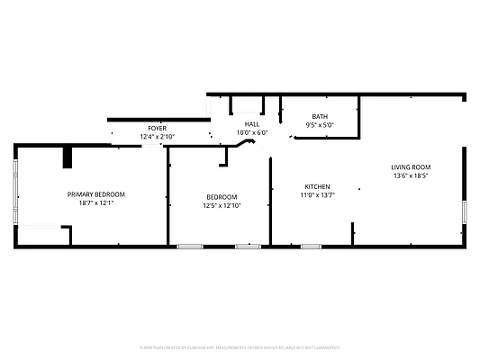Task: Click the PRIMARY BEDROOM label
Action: (96, 194)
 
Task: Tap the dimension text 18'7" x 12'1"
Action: (96, 203)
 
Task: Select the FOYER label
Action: (157, 129)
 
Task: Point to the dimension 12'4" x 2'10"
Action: (157, 137)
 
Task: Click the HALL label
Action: (252, 124)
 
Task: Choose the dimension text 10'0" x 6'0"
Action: (252, 132)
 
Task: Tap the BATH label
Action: (320, 117)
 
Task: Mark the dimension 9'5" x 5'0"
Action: (320, 125)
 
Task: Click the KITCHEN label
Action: (317, 186)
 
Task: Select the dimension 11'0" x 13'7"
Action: (317, 194)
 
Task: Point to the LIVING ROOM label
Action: (411, 167)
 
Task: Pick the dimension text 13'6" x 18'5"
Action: (411, 176)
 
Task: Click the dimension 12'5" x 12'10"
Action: (222, 205)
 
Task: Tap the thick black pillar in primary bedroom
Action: (68, 157)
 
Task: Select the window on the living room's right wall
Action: (465, 211)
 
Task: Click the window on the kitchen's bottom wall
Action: (312, 246)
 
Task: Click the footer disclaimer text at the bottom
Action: (240, 346)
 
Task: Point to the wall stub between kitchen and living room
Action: (352, 233)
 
